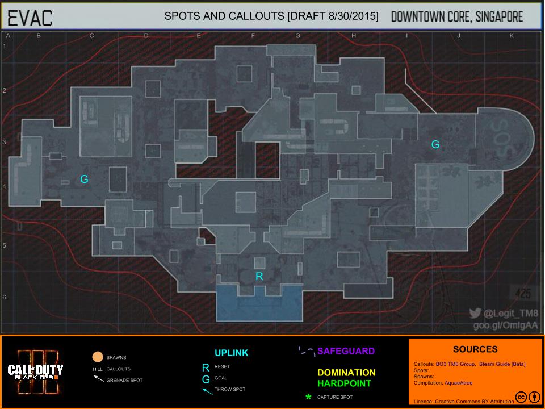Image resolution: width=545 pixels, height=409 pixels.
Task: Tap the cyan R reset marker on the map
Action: pyautogui.click(x=259, y=277)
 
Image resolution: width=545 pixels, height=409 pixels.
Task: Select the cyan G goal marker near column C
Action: pyautogui.click(x=84, y=180)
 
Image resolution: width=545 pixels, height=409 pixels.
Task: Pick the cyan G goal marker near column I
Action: pyautogui.click(x=435, y=145)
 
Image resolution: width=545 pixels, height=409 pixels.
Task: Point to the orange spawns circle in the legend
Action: pyautogui.click(x=97, y=357)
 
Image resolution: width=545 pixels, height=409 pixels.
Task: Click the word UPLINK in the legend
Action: pyautogui.click(x=231, y=353)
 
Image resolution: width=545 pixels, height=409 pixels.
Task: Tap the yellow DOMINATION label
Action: pyautogui.click(x=346, y=373)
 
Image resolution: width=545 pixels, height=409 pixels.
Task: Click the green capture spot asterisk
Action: pyautogui.click(x=308, y=397)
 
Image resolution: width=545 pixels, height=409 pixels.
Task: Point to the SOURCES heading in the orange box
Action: pyautogui.click(x=475, y=349)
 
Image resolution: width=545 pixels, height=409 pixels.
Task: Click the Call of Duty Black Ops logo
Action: pyautogui.click(x=36, y=372)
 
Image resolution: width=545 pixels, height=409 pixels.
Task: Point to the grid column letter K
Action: pyautogui.click(x=512, y=36)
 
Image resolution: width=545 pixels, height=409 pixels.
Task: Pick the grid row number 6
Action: pyautogui.click(x=5, y=297)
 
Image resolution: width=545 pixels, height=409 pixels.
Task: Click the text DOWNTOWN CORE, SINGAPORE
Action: pyautogui.click(x=457, y=16)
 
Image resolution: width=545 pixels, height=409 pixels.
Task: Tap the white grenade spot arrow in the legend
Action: pyautogui.click(x=98, y=378)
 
